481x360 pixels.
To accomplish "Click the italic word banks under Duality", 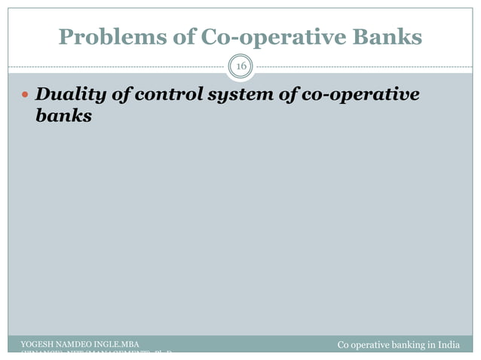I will coord(63,117).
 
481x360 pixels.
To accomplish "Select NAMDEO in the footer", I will coord(75,345).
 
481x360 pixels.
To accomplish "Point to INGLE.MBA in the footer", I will coord(116,345).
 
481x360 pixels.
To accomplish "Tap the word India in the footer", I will coord(449,346).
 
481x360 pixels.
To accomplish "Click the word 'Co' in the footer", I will coord(343,346).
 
